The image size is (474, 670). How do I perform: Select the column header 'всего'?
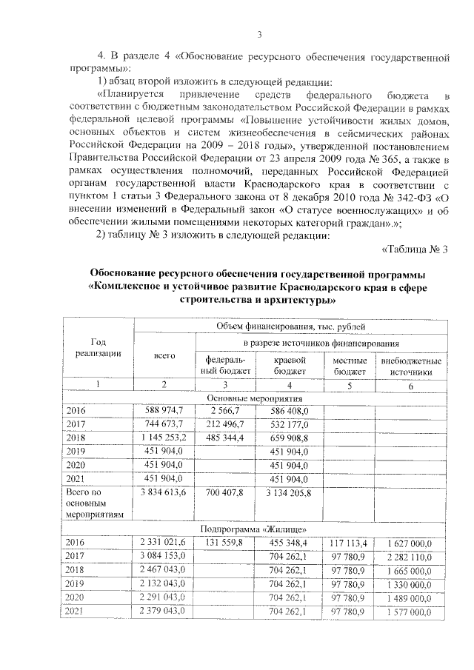click(x=164, y=355)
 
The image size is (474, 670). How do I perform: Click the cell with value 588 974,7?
click(x=164, y=411)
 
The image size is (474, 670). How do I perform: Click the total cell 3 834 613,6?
click(x=164, y=492)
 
